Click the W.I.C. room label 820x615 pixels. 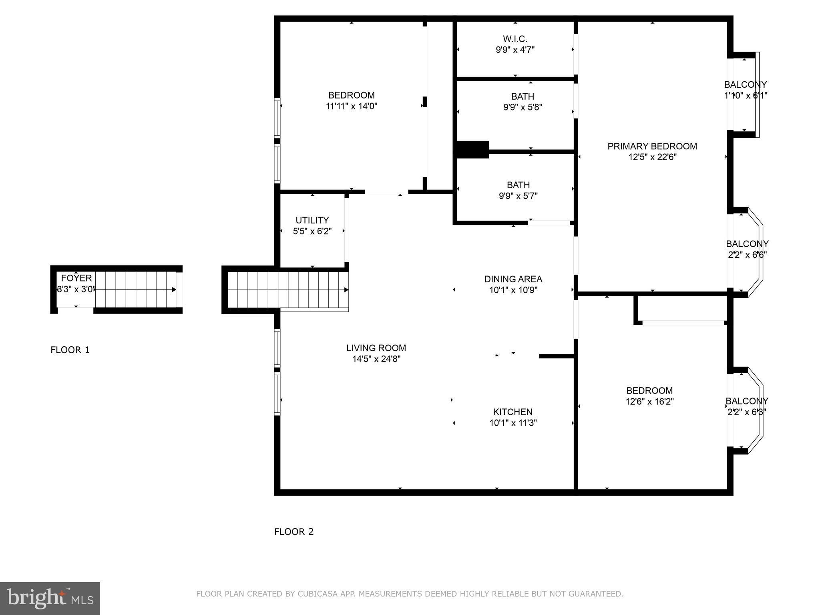(x=515, y=39)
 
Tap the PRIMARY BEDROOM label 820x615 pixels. (x=652, y=147)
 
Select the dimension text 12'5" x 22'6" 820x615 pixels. (x=652, y=157)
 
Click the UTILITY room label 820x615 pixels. (x=312, y=220)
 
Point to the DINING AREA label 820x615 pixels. (x=513, y=279)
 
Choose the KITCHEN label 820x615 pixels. (x=512, y=412)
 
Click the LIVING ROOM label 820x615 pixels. (x=376, y=348)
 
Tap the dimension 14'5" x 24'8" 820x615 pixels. (x=376, y=359)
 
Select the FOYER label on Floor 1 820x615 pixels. (x=76, y=278)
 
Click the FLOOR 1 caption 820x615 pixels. (x=70, y=350)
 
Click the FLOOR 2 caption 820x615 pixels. (x=293, y=532)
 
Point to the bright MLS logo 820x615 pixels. (x=50, y=598)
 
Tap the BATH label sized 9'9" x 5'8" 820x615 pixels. (x=522, y=96)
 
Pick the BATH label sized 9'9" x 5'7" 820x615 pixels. (x=518, y=185)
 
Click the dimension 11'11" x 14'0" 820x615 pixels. (x=351, y=107)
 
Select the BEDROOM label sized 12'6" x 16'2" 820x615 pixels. (x=649, y=391)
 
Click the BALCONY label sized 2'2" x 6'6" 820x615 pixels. (x=747, y=244)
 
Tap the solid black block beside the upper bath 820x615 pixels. (x=473, y=149)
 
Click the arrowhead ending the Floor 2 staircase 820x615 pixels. (x=346, y=290)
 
